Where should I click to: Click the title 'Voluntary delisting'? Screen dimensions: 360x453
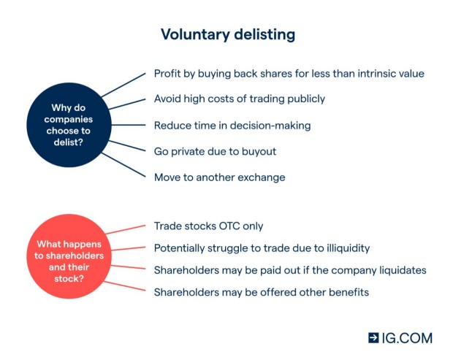click(227, 35)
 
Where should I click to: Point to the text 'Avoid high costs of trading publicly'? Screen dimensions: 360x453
click(239, 99)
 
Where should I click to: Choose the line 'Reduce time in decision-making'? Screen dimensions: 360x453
click(232, 125)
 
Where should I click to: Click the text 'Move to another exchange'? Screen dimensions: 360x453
click(219, 177)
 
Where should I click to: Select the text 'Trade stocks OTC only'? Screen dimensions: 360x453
click(208, 226)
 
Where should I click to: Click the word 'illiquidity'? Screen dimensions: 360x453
click(343, 248)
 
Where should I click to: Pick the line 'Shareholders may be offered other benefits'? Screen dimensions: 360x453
click(261, 292)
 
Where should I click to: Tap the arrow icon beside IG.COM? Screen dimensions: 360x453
click(373, 338)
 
